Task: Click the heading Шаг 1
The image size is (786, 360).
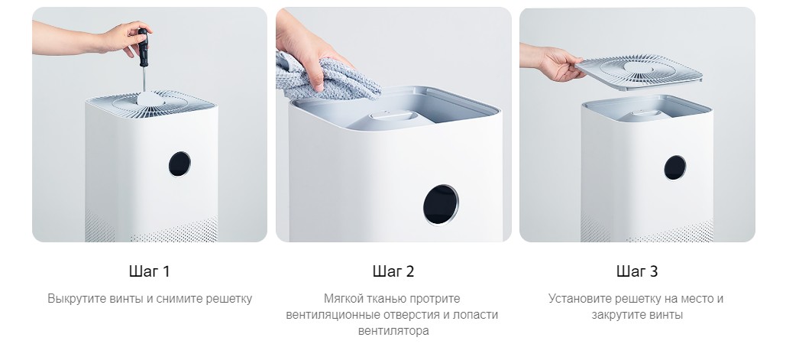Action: click(x=149, y=271)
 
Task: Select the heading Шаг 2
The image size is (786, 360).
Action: click(x=393, y=271)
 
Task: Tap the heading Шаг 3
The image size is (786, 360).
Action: click(x=636, y=271)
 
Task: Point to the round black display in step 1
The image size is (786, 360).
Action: click(x=180, y=164)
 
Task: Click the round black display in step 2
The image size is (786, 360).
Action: click(x=441, y=204)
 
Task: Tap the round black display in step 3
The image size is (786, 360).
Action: click(x=674, y=167)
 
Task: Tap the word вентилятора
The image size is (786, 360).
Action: click(x=393, y=331)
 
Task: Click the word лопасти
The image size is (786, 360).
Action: click(x=476, y=315)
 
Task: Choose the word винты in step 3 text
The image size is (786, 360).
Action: click(x=667, y=315)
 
